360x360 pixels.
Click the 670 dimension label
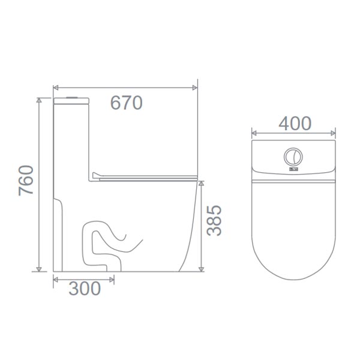(126, 103)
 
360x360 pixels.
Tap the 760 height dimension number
(26, 181)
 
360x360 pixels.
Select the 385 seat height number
(214, 220)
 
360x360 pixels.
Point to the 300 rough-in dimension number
(85, 289)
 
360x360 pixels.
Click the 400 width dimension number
(295, 124)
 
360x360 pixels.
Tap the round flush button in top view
(293, 157)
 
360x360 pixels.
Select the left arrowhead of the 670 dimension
(56, 88)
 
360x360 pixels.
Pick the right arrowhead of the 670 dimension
(194, 88)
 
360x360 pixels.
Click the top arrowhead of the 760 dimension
(39, 100)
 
